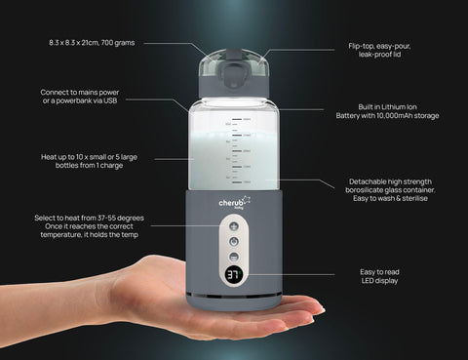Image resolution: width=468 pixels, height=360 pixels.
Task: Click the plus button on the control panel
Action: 234,226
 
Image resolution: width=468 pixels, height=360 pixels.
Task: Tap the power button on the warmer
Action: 234,242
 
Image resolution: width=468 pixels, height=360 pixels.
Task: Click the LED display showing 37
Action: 234,275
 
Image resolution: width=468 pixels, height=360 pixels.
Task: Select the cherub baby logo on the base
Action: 234,203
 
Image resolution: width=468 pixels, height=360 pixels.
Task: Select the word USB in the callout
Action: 110,100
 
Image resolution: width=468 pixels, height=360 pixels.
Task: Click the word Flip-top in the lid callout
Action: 361,46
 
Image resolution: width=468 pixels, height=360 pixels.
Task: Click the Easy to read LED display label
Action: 379,276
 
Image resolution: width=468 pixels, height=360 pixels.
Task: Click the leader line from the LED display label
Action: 290,274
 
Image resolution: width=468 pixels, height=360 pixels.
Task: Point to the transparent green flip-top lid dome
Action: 234,61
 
